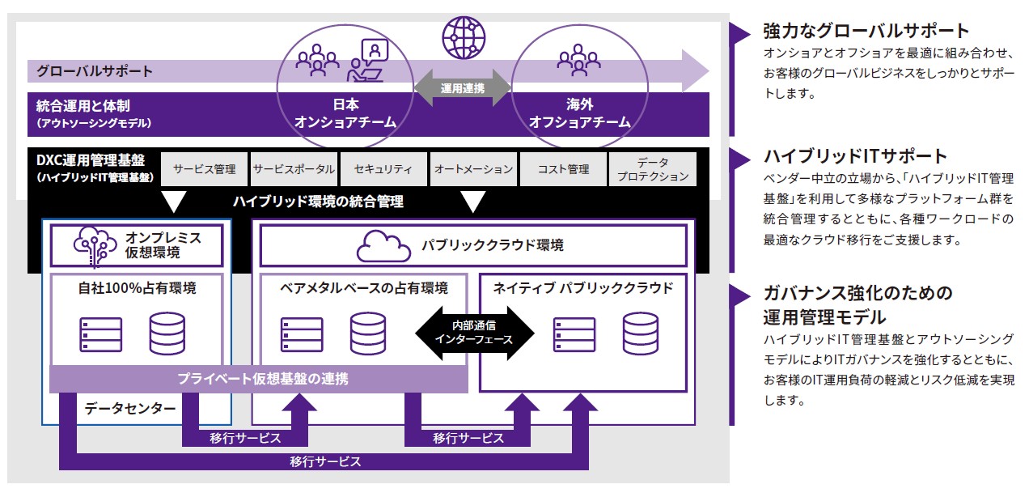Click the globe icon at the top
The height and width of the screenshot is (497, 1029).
(x=463, y=36)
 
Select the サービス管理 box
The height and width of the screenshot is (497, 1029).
(x=204, y=169)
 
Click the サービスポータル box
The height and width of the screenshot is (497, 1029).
(x=293, y=169)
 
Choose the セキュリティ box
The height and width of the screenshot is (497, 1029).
(x=382, y=169)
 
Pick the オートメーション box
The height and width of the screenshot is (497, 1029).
(x=473, y=169)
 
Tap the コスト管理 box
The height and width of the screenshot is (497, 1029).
(x=563, y=169)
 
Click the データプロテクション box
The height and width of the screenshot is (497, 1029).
(x=651, y=169)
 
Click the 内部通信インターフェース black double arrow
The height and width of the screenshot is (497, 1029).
(x=475, y=333)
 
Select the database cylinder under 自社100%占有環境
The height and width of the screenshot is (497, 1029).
(x=167, y=332)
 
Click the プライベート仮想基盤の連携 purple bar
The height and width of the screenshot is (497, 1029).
(x=259, y=378)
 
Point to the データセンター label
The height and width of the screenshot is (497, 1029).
(x=130, y=409)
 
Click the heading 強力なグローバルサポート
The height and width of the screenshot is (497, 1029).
(x=866, y=31)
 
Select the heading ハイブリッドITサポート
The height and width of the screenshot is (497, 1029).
(x=855, y=155)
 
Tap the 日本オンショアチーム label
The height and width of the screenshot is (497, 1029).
(x=345, y=114)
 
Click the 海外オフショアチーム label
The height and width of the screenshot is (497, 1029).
(x=579, y=114)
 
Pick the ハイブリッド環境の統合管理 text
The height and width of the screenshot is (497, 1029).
(x=317, y=202)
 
